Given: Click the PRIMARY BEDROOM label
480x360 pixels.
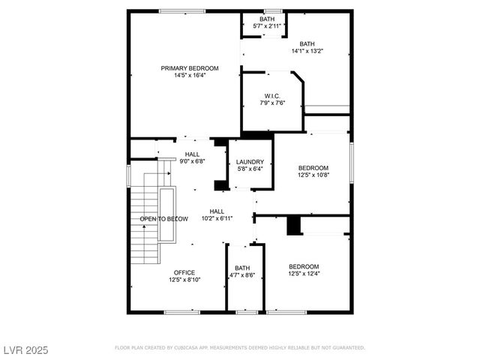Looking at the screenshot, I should point(184,68).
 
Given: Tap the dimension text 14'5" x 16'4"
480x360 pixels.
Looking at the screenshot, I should point(184,75).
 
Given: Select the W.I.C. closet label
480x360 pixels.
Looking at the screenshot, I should point(272,95).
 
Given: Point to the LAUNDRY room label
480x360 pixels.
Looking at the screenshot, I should point(250,162).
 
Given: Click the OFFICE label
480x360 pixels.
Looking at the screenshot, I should point(184,272).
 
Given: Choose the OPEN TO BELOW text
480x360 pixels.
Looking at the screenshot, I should point(163,219).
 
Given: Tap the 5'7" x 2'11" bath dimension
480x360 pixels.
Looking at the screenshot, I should point(267,26).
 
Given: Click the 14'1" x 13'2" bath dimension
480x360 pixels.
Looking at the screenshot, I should point(307,52).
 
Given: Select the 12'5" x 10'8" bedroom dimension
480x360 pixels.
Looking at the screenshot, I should point(313,175).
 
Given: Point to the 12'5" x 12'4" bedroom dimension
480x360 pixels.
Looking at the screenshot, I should point(304,274).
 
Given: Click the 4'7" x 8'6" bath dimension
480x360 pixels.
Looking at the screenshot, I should point(242,275).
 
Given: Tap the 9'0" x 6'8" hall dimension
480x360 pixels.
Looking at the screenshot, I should point(192,160).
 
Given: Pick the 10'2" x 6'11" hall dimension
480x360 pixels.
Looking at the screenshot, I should point(217,218).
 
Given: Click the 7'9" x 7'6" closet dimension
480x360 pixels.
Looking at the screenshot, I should point(272,103).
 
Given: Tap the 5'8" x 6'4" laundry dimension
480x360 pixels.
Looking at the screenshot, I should point(250,169).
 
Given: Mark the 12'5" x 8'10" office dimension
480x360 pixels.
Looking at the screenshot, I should point(184,280).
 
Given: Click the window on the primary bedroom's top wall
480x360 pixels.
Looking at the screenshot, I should point(183,10).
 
